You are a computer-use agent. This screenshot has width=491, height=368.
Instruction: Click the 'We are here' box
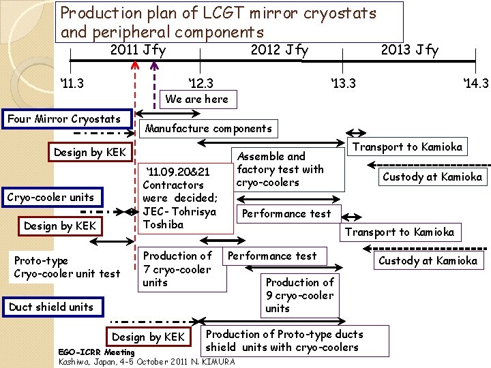click(x=197, y=99)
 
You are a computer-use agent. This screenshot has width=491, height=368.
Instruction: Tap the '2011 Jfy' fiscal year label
click(x=138, y=50)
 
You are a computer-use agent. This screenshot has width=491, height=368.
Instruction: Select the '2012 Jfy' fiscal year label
click(x=279, y=50)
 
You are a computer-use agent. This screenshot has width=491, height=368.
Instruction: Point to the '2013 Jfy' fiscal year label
click(x=409, y=50)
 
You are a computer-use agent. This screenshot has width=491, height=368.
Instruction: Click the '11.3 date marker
click(x=72, y=83)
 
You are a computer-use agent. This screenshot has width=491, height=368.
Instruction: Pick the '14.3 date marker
click(x=475, y=83)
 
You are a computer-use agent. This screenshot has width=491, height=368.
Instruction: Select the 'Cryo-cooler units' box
click(x=50, y=198)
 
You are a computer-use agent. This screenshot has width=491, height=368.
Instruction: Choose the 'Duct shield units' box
click(x=51, y=307)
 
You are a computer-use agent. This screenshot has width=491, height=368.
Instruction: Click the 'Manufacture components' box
click(x=209, y=128)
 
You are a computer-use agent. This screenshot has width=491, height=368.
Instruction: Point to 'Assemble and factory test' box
click(x=280, y=169)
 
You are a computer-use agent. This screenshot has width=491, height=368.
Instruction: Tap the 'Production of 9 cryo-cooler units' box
click(x=299, y=295)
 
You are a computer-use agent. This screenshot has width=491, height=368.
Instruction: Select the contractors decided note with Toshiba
click(x=180, y=198)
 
